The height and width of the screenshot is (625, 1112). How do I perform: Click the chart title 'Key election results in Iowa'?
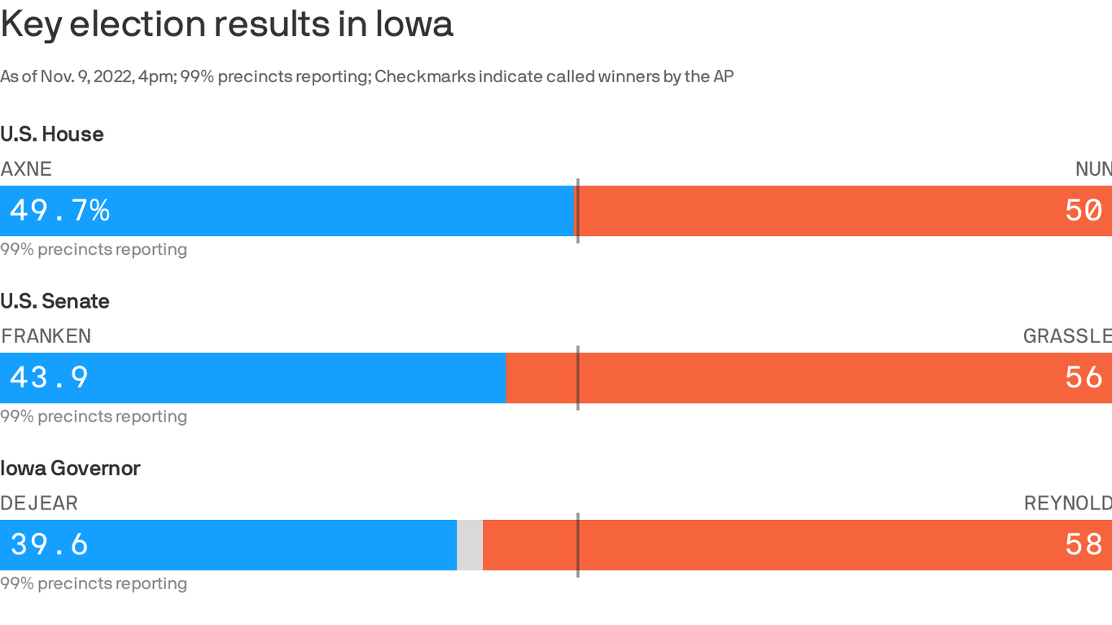click(226, 24)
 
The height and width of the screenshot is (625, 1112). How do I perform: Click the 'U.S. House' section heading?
click(52, 134)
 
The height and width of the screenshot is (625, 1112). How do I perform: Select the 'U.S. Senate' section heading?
click(55, 301)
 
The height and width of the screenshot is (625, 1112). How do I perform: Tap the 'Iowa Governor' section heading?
click(70, 468)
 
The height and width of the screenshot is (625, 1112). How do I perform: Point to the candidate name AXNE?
click(26, 169)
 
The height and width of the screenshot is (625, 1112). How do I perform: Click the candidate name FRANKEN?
click(46, 336)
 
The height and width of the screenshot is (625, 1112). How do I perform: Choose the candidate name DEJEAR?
click(39, 503)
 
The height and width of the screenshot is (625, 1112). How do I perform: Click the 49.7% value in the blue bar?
click(59, 211)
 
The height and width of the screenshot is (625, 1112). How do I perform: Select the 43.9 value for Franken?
click(49, 378)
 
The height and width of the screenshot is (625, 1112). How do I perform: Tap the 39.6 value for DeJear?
click(49, 544)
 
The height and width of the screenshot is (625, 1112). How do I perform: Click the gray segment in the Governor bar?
click(470, 545)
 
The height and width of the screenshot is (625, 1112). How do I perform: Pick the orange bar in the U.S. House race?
click(814, 211)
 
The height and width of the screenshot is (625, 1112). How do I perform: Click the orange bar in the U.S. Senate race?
click(773, 378)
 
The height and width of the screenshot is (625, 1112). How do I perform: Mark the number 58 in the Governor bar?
click(1084, 544)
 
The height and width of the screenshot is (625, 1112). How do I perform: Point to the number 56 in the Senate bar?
click(1084, 378)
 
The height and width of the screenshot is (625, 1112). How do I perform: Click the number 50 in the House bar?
click(1084, 211)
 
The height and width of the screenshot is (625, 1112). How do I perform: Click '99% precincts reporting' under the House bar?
click(94, 250)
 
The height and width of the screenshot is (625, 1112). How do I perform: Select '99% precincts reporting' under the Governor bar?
click(94, 583)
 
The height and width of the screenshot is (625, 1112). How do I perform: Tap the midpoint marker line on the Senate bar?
click(578, 378)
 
